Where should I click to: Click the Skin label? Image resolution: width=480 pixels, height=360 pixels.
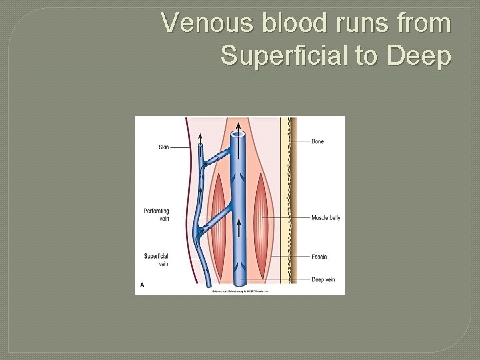(x=163, y=147)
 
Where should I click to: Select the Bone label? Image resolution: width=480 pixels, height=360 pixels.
(x=317, y=141)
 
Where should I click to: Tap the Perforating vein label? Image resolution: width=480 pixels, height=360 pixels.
(x=157, y=214)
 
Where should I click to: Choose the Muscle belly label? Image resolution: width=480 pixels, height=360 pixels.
(x=325, y=218)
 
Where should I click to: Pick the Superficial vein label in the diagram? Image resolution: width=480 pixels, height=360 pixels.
(x=157, y=259)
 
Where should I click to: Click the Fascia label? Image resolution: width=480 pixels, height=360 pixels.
(x=319, y=257)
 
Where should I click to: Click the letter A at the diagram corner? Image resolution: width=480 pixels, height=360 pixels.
(x=141, y=285)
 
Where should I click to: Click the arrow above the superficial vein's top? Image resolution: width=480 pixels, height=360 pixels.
(x=200, y=138)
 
